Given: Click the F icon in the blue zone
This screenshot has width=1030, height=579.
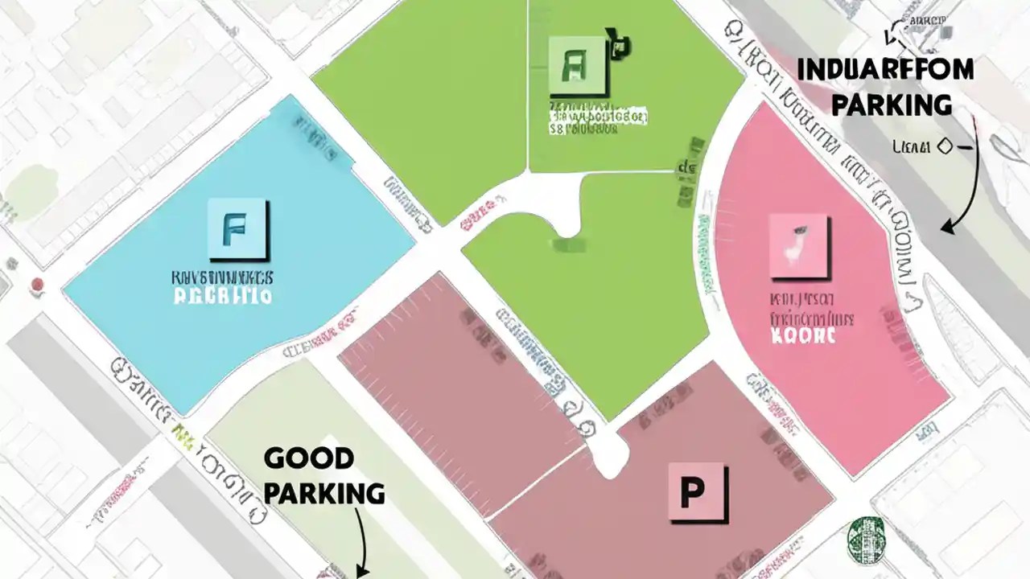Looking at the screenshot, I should [238, 230].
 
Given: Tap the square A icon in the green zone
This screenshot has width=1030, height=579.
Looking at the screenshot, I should [577, 64].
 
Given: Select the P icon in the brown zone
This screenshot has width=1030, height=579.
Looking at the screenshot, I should [697, 492].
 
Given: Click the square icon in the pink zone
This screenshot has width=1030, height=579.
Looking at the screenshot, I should [797, 246].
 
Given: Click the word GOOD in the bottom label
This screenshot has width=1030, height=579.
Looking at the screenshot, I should [309, 458].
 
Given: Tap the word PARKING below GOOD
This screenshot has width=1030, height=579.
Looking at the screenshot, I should [324, 493].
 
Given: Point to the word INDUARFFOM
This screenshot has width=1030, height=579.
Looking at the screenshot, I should [885, 70].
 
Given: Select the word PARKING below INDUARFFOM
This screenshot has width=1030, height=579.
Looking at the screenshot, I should [892, 105].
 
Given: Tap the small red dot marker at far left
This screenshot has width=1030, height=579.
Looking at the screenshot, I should [36, 284].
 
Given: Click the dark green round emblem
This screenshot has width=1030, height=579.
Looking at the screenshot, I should [866, 536].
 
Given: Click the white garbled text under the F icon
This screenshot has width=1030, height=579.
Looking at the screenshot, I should [223, 296].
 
